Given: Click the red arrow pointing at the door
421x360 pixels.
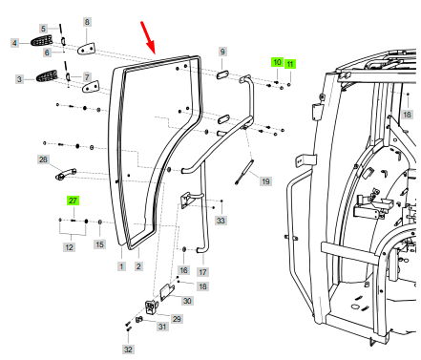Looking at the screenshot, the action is coord(148,37).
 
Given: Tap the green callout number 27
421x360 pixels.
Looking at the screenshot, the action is coord(73,201).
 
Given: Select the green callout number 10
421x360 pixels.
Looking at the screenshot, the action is coord(277,62).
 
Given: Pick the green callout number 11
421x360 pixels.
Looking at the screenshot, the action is coord(290,64).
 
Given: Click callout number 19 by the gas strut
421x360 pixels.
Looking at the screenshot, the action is coord(265,181).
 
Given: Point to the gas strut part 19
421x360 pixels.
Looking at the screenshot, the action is coord(244,172).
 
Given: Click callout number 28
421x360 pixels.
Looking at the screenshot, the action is coord(43,159).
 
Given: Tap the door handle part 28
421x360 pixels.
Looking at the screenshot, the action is coord(66,174).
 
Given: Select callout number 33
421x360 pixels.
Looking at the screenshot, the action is coord(221,221).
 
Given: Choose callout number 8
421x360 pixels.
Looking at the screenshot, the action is coord(87,22).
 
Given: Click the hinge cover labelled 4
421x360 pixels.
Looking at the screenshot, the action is coord(41,41).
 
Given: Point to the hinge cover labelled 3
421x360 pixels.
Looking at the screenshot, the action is coord(47,75).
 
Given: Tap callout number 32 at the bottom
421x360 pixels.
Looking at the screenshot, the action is coord(128,349).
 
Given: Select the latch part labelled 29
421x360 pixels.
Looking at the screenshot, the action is coord(152,307).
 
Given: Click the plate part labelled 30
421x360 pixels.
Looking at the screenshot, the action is coord(167,292).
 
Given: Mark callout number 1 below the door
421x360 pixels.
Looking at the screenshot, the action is coord(121,266).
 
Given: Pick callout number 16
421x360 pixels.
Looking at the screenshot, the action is coord(183,270).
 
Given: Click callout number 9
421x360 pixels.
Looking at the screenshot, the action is coord(222,52).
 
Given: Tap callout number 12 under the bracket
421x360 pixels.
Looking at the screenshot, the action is coord(70,247).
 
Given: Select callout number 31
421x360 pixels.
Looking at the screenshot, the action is coord(162,327).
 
